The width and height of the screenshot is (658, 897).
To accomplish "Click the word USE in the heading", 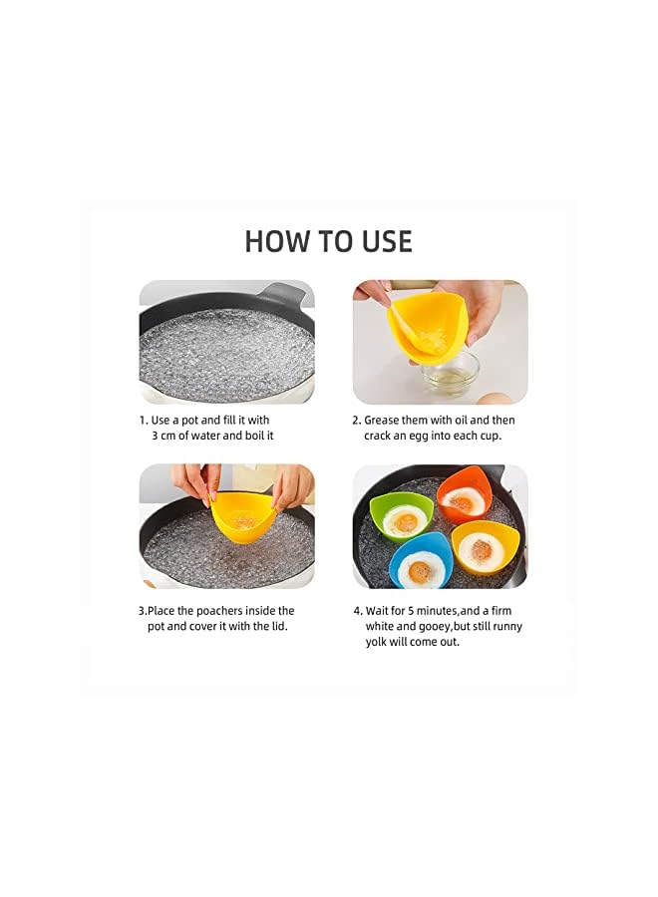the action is (388, 241).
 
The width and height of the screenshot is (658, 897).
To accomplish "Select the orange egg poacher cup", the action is (466, 494).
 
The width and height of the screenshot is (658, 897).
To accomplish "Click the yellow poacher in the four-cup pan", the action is (486, 548).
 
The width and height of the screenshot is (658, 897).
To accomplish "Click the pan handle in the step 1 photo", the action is (286, 292).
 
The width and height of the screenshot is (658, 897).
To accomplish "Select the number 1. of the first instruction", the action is (144, 421).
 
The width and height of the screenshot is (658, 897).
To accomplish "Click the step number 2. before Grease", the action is (357, 421).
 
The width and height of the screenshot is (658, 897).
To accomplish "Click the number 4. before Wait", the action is (358, 611).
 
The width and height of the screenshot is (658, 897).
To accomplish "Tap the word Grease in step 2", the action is (382, 420).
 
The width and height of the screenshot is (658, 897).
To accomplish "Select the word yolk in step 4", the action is (376, 642).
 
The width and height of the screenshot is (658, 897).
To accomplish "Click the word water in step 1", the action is (205, 436).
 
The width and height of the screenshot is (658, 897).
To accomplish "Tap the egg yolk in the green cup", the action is (406, 521).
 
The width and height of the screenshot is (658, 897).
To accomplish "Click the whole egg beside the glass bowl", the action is (493, 398).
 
